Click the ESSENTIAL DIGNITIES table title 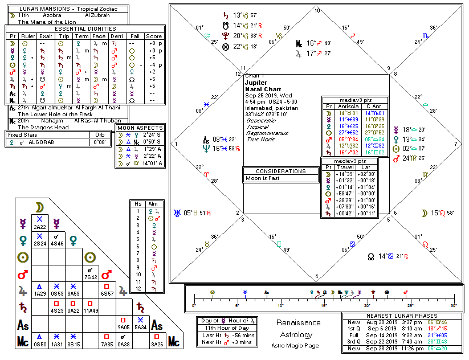85,28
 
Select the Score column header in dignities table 154,35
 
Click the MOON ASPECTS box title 141,128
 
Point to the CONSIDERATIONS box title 281,171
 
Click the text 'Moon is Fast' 262,178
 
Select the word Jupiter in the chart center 256,83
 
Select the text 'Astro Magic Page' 299,345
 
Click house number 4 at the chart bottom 317,277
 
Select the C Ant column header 373,106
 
